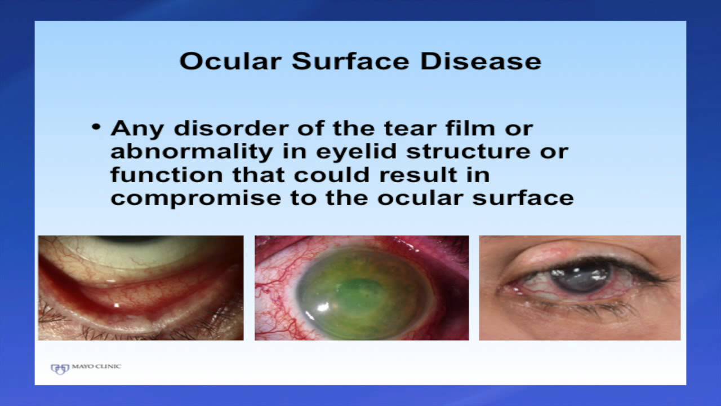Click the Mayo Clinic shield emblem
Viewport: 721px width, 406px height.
(60, 369)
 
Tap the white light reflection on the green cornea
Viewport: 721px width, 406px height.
(323, 306)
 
